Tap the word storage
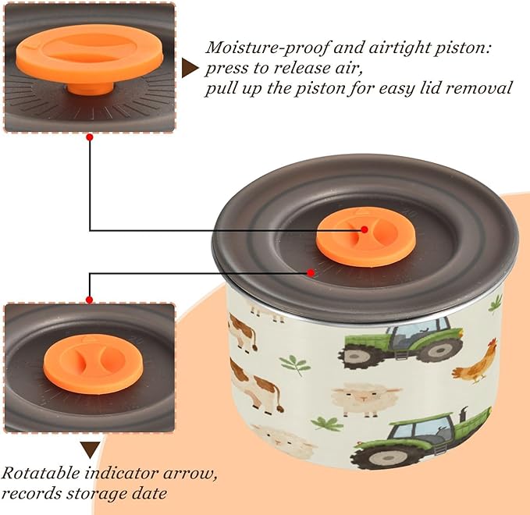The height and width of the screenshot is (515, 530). coord(97,495)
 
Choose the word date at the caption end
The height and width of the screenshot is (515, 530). coord(149,493)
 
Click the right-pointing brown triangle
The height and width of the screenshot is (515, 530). coord(190,68)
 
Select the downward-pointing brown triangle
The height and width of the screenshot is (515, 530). coord(90,449)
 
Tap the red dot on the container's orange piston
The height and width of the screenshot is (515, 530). coord(365,229)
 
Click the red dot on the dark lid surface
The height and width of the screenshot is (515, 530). coord(311,272)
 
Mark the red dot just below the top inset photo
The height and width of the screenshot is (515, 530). coord(90,137)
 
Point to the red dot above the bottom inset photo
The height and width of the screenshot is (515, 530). coord(90,300)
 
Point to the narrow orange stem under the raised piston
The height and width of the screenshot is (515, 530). coord(91,87)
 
